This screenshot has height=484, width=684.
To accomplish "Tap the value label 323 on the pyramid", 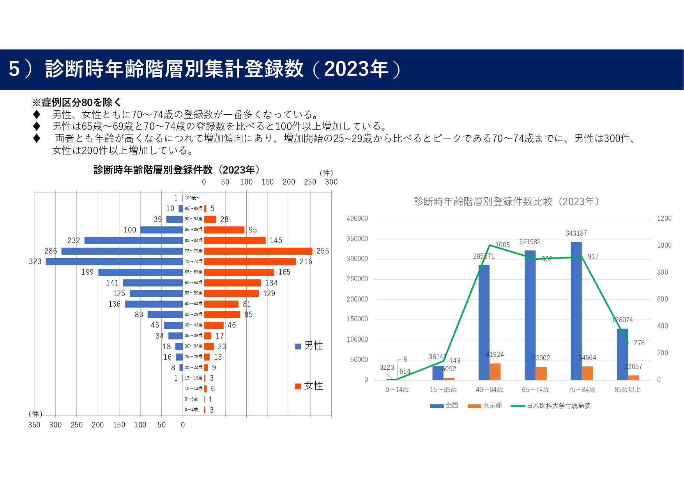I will [35, 262].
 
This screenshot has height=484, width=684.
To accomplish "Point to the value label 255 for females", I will [323, 251].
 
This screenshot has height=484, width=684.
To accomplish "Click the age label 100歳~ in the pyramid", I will [192, 198].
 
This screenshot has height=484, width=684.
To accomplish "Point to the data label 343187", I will [576, 233].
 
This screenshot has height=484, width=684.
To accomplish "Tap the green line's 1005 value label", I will [502, 245].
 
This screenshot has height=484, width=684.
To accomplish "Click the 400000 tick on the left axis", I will [357, 218].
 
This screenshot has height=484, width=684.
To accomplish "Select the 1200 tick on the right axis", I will [664, 218].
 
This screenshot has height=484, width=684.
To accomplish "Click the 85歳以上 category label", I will [627, 390].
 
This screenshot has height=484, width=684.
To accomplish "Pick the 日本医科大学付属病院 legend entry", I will [558, 406].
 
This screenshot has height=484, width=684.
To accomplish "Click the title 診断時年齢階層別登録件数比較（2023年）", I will [506, 202].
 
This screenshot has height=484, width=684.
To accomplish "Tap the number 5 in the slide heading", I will [14, 69].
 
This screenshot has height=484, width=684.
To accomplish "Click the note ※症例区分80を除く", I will [76, 103].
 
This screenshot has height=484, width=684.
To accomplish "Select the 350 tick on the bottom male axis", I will [34, 425].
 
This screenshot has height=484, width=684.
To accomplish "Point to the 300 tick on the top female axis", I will [331, 182].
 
